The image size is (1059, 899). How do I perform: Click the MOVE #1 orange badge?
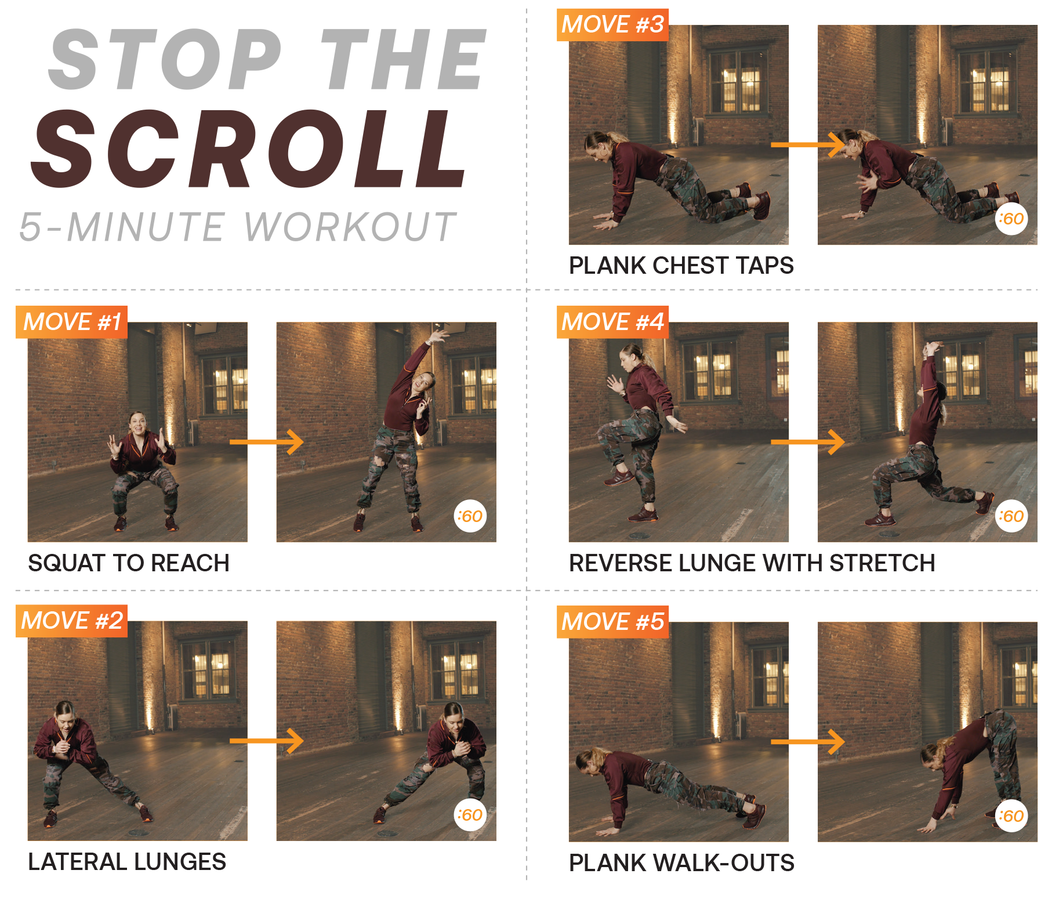[71, 322]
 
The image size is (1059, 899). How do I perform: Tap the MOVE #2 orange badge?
[71, 621]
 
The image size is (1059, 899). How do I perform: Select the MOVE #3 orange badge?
[612, 25]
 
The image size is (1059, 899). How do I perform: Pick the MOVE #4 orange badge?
[612, 322]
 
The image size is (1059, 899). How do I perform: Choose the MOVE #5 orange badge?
[612, 622]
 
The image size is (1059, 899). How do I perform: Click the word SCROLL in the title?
[248, 149]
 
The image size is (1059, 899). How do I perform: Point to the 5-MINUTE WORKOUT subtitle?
[238, 227]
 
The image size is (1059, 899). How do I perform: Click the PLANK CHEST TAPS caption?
[681, 266]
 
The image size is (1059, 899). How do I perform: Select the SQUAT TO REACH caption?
[129, 563]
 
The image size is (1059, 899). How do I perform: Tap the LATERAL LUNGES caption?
[127, 862]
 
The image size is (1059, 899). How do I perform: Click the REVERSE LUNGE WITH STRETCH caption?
[752, 563]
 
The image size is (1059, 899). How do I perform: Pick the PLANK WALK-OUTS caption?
[681, 863]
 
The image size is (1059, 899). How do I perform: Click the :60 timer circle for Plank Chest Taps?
[1011, 219]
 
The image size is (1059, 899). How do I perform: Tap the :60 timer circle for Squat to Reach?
[470, 516]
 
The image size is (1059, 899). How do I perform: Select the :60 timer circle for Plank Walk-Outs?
[1011, 816]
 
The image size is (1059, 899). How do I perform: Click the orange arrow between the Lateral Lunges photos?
[267, 741]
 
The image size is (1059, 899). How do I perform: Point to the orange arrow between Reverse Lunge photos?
[808, 442]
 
